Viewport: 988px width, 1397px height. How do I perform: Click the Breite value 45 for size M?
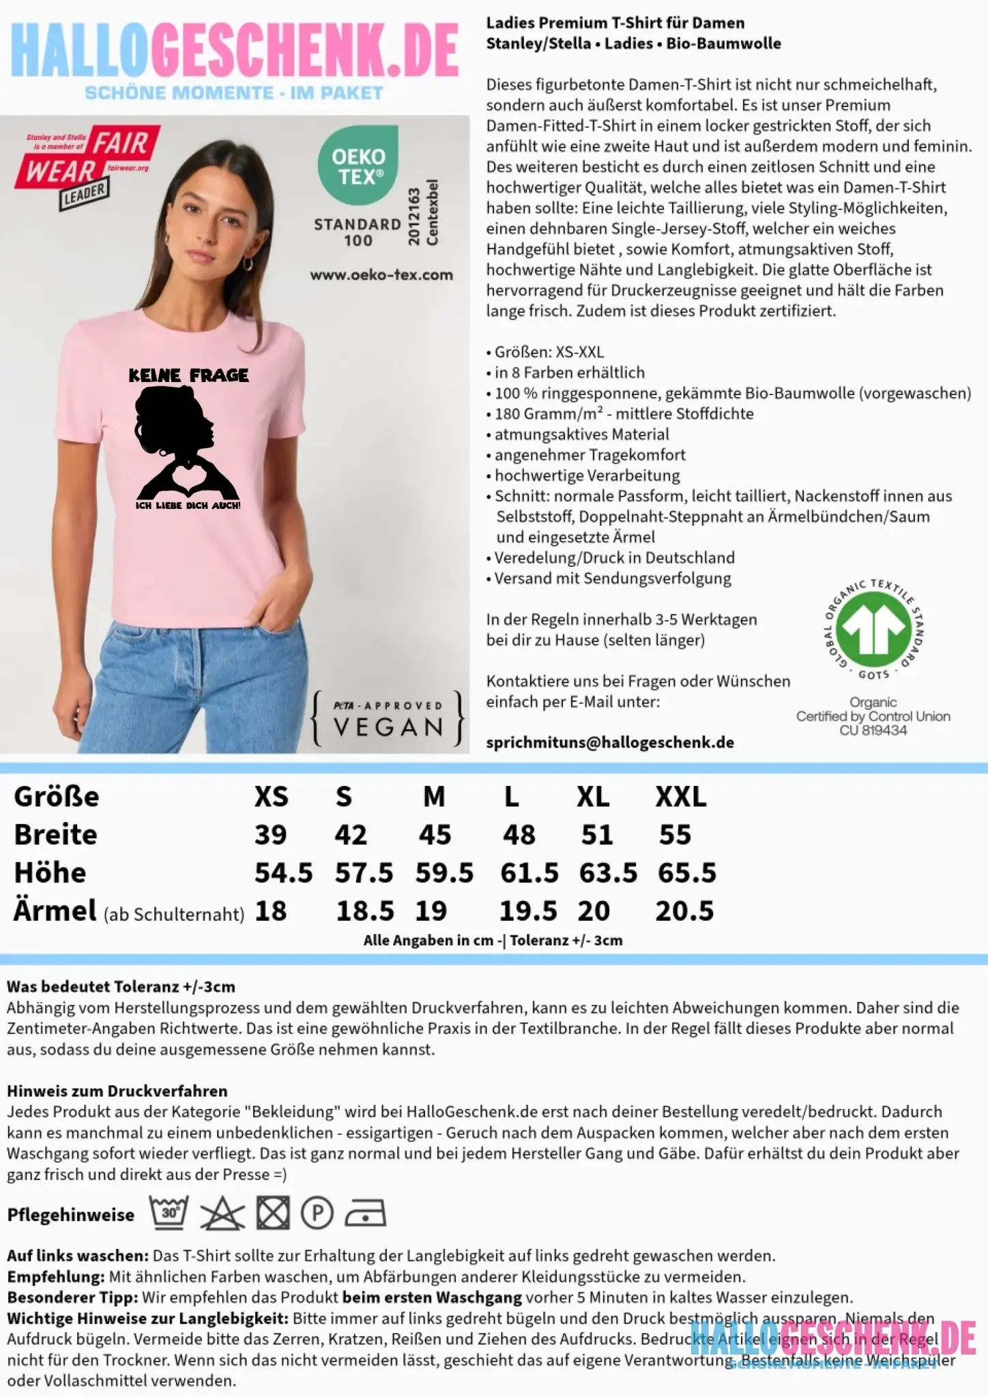coord(435,835)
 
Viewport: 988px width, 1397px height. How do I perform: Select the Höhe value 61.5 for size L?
coord(529,873)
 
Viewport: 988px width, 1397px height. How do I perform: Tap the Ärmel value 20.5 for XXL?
coord(684,911)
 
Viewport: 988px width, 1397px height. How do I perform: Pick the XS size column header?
coord(271,797)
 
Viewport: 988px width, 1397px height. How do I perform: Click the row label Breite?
coord(56,835)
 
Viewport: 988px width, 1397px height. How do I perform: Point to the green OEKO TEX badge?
coord(358,164)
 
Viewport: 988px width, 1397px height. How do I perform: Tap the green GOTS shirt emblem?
coord(873,628)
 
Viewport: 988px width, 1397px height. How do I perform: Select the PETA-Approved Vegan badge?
coord(388,719)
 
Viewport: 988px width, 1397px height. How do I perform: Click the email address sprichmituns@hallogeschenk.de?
coord(610,743)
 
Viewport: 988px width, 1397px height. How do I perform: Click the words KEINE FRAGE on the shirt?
coord(188,375)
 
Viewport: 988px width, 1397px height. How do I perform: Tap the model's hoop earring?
coord(248,263)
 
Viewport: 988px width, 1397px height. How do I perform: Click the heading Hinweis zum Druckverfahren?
coord(117,1091)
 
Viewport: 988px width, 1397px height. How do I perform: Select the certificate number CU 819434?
coord(873,731)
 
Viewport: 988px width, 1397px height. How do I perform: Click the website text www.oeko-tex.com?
coord(381,275)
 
